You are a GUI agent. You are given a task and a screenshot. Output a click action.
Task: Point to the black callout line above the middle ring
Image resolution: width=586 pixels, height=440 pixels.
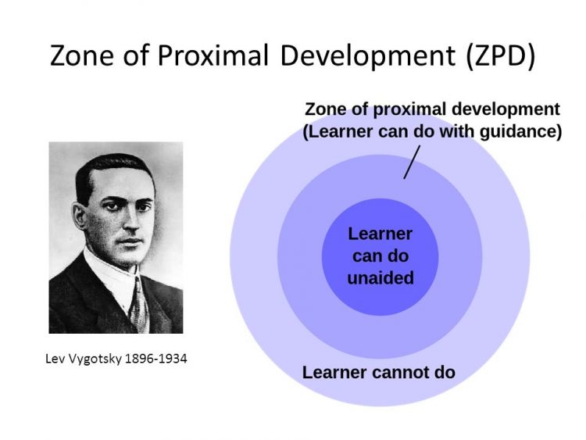(x=409, y=163)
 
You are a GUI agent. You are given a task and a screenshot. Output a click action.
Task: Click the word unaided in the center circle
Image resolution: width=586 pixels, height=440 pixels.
(x=381, y=277)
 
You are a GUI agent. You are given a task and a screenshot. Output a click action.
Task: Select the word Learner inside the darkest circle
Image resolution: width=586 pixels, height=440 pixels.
(x=381, y=234)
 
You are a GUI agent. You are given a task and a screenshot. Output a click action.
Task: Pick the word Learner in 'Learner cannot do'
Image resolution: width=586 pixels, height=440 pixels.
(x=331, y=372)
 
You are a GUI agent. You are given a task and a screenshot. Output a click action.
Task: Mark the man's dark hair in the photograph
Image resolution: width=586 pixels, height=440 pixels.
(x=109, y=168)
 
